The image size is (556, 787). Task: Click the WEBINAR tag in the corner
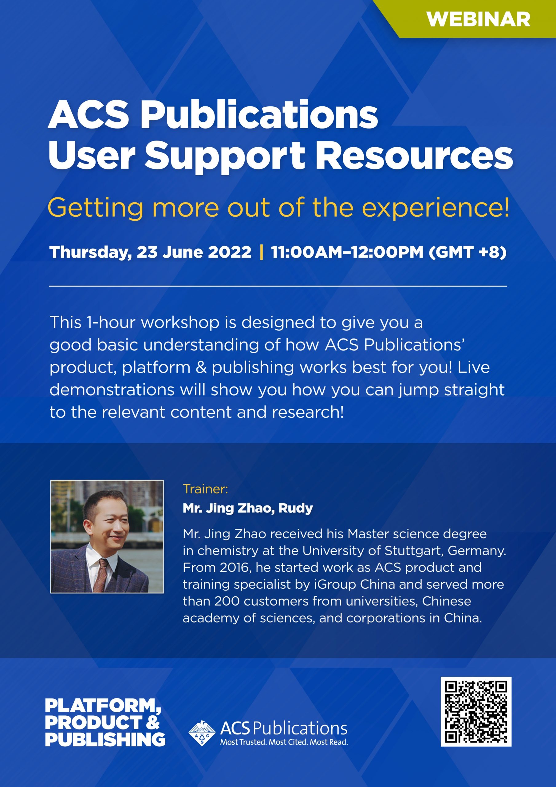[478, 19]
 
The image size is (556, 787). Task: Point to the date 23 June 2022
[194, 252]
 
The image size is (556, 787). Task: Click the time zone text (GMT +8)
[467, 252]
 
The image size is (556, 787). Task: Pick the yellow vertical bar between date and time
[262, 252]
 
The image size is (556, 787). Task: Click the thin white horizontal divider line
[278, 286]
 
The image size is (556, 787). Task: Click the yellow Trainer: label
[205, 489]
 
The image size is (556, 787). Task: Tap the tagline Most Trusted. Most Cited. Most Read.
[284, 742]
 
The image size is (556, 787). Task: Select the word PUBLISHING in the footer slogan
[105, 739]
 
